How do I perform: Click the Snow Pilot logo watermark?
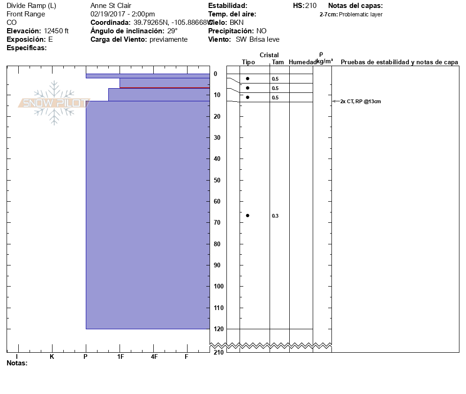[x=54, y=103]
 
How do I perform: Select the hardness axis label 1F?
[x=120, y=357]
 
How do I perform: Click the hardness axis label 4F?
[x=154, y=357]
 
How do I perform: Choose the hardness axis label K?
[x=52, y=357]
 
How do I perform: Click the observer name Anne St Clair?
[x=111, y=6]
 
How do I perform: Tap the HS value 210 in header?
[x=311, y=6]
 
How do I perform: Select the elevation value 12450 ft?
[x=56, y=31]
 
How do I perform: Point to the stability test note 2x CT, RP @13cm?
[x=361, y=101]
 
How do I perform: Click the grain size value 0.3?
[x=275, y=216]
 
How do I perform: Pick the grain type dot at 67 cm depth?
[x=248, y=215]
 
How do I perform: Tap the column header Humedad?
[x=302, y=62]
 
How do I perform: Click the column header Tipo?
[x=248, y=62]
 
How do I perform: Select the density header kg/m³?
[x=324, y=61]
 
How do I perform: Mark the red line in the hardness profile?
[x=164, y=88]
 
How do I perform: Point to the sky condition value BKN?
[x=236, y=23]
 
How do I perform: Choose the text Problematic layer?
[x=361, y=15]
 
